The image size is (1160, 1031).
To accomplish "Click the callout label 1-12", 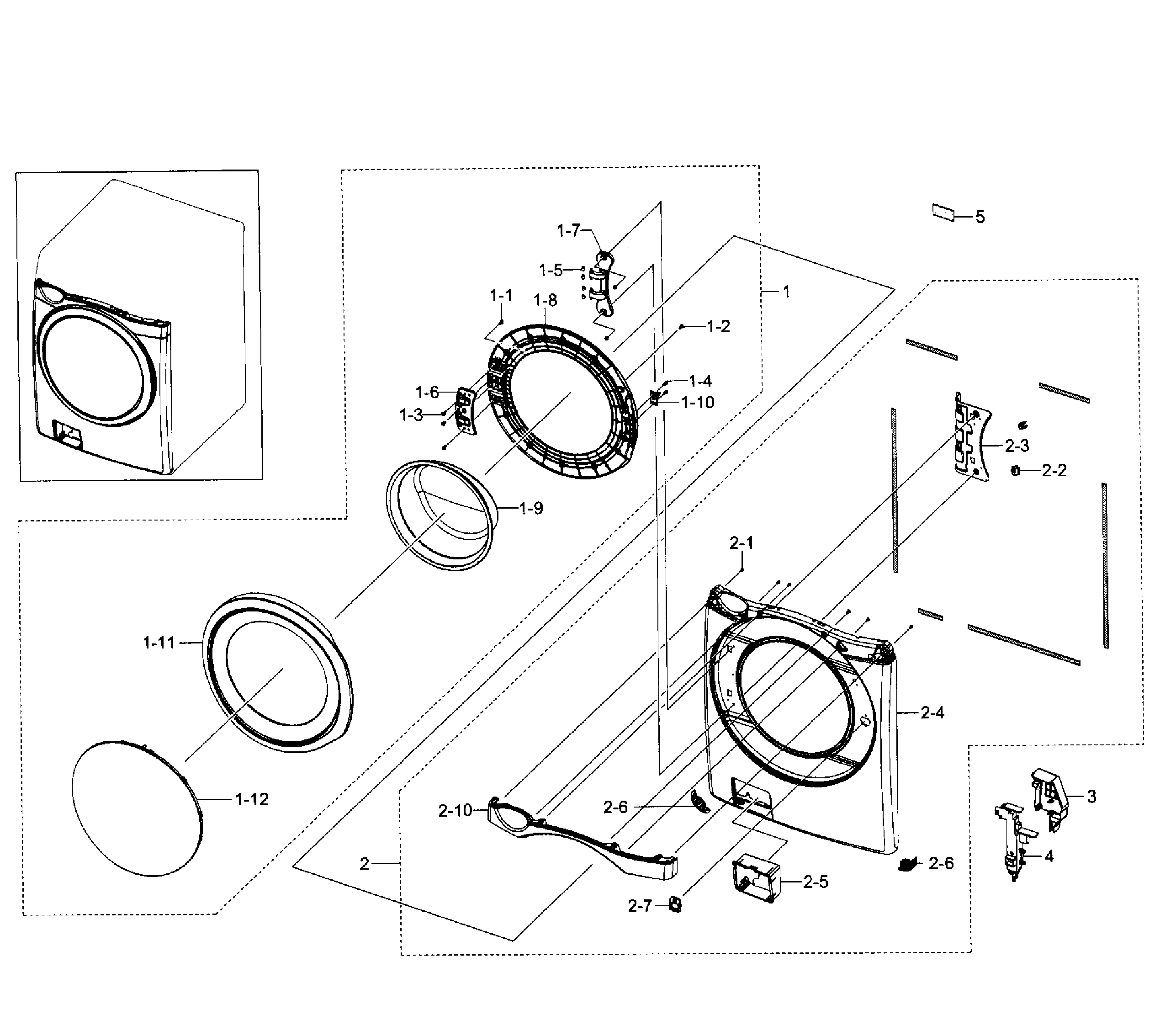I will (251, 799).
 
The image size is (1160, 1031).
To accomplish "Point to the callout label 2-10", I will (455, 811).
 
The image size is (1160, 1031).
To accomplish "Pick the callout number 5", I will (980, 217).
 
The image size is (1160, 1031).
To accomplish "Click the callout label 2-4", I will (932, 712).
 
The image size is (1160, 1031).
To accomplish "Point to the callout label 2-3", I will (1017, 446).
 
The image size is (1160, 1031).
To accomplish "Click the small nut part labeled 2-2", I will (1016, 470).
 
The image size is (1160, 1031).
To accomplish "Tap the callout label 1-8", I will (545, 300).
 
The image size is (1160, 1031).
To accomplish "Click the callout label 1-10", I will (698, 402).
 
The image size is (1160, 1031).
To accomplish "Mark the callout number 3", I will (1091, 797).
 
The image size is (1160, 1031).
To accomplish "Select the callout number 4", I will (1049, 856).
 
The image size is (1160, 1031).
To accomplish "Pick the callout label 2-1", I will (741, 543).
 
